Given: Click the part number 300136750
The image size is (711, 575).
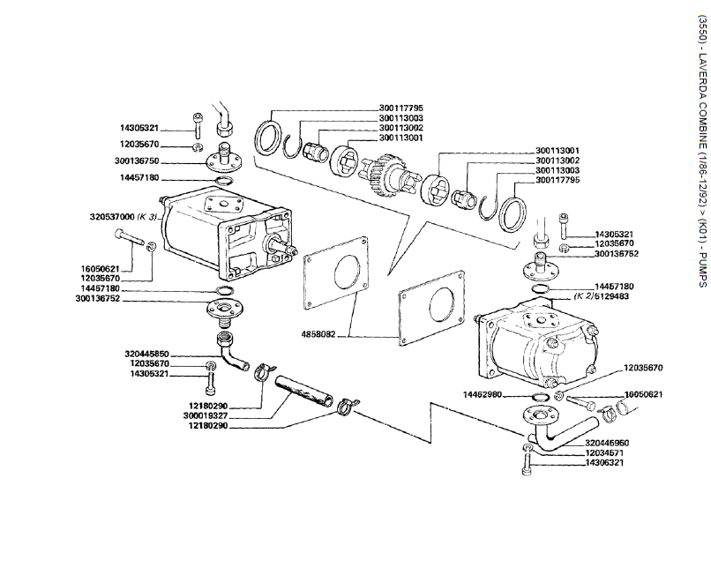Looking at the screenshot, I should (159, 161).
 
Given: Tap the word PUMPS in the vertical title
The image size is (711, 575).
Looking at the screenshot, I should (701, 269).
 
